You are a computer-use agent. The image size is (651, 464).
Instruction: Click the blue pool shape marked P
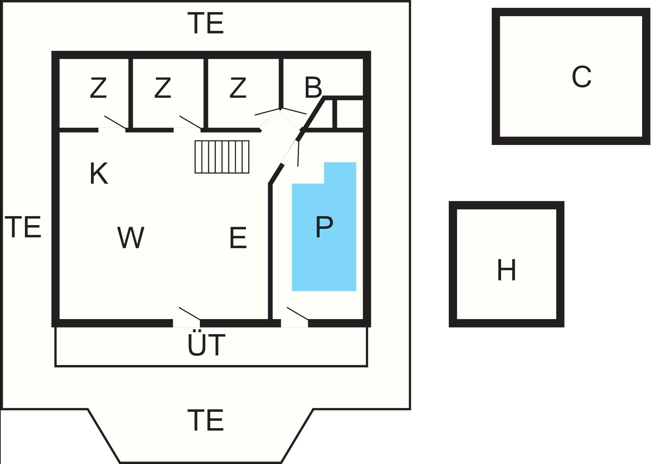(324, 237)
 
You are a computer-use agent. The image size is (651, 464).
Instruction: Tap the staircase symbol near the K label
(222, 157)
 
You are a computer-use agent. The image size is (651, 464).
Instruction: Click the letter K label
(99, 174)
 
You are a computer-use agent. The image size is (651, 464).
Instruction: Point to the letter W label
(131, 238)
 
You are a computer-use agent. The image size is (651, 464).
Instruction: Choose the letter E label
(238, 238)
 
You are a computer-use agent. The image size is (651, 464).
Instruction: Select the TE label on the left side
(23, 227)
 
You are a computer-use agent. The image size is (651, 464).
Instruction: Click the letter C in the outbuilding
(581, 77)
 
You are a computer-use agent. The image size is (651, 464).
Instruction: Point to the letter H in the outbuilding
(506, 270)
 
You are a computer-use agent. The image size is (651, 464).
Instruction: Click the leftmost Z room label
(98, 87)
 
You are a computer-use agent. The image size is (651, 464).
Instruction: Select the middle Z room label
(163, 87)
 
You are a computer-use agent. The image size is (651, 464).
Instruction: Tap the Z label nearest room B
(238, 87)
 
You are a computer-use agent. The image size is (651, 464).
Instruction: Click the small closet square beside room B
(349, 114)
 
